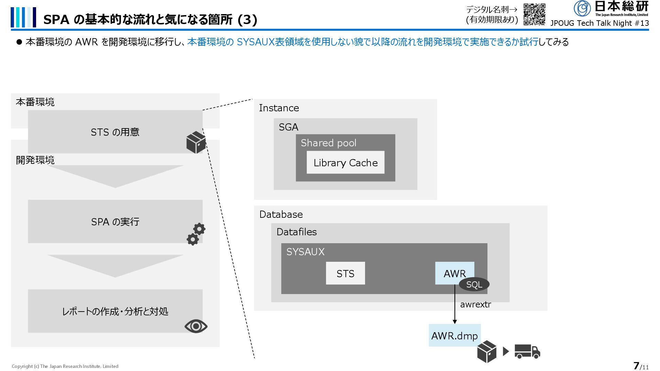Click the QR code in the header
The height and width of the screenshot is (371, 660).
coord(534,14)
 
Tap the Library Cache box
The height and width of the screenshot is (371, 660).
coord(345,162)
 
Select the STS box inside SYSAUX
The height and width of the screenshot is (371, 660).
coord(345,273)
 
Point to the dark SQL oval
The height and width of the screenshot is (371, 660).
coord(474,285)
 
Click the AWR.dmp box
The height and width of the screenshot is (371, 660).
coord(454,335)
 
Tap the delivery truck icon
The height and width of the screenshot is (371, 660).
coord(527,351)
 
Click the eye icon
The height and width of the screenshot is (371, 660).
coord(196,326)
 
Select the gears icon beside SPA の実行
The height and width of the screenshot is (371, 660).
coord(196,234)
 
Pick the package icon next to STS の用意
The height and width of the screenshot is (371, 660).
coord(196,142)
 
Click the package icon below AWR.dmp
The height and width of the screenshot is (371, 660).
coord(487,352)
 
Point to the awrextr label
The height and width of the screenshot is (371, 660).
coord(475,304)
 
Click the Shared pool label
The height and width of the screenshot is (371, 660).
coord(328,143)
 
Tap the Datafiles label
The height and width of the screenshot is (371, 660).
coord(296,232)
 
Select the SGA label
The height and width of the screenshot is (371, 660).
coord(288,127)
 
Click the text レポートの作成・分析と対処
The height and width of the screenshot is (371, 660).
coord(115,311)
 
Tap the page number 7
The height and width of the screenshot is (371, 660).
coord(636,366)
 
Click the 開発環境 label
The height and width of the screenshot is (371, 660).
coord(35,160)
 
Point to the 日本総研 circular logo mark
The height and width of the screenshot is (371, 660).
coord(582,8)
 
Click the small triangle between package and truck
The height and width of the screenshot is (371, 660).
coord(506,351)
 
